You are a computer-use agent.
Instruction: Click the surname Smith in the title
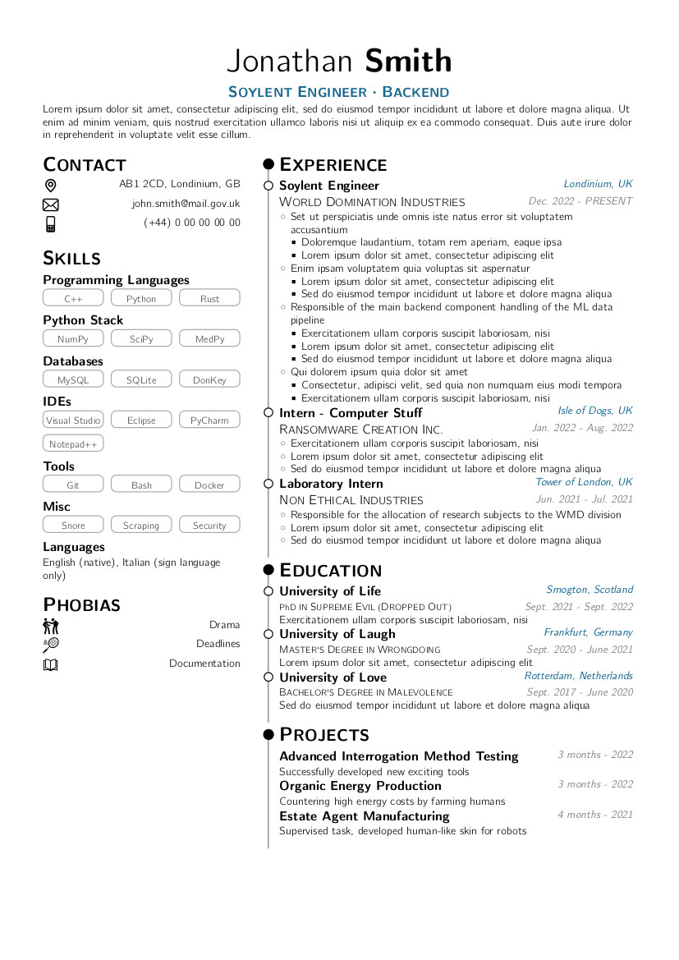click(x=408, y=62)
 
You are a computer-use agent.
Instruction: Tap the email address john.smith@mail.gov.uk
click(x=186, y=204)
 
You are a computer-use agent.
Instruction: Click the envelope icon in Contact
click(x=51, y=204)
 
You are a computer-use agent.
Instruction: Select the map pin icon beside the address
click(x=51, y=186)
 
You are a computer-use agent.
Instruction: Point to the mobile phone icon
click(x=51, y=223)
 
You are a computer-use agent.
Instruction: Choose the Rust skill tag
click(x=209, y=299)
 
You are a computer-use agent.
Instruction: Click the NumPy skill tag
click(x=73, y=339)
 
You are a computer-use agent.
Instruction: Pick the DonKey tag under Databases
click(x=209, y=379)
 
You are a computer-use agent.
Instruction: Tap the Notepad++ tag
click(x=73, y=444)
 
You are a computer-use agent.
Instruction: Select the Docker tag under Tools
click(x=209, y=485)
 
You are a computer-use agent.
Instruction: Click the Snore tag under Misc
click(x=73, y=526)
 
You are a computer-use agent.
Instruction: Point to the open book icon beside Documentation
click(x=51, y=664)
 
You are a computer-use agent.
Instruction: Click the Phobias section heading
click(x=81, y=605)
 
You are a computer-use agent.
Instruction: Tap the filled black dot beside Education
click(x=268, y=570)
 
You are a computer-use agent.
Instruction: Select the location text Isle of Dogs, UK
click(x=595, y=411)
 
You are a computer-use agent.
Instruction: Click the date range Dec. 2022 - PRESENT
click(x=580, y=201)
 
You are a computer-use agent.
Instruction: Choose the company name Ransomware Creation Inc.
click(x=360, y=429)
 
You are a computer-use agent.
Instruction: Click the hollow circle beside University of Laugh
click(x=268, y=634)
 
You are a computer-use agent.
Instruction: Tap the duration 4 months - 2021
click(x=595, y=815)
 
